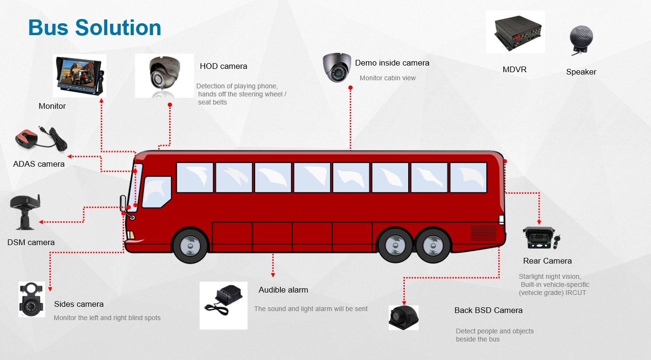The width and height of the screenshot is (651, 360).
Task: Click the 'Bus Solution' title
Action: coord(95,28)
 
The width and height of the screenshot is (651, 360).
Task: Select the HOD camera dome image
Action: coord(164,76)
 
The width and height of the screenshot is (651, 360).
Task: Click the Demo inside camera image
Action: coord(337,67)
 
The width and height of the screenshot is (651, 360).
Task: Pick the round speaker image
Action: coord(581,40)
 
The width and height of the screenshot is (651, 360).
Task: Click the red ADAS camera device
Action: coord(41,139)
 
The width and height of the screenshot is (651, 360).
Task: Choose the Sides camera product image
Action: coord(32,299)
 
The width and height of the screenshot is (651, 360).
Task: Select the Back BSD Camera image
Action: coord(404,318)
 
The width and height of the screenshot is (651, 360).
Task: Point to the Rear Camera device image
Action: coord(541,237)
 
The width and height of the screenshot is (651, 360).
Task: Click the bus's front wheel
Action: coord(190,246)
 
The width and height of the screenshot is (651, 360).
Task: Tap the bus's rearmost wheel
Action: coord(433,245)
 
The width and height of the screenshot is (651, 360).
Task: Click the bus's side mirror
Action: coord(123,203)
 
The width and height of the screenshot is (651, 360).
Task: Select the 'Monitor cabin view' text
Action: coord(388,78)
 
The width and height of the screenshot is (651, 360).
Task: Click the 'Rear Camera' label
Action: coord(547,261)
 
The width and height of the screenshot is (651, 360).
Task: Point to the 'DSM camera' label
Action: coord(31,242)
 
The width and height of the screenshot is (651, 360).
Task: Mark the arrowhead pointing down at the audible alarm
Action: coord(273,275)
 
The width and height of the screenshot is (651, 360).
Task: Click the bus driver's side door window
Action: coord(157,192)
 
